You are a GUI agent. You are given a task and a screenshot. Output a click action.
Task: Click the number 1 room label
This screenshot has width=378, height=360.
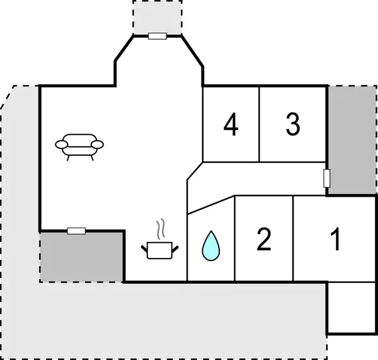click(336, 240)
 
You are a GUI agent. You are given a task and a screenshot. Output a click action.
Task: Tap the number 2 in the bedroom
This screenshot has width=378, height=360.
click(264, 240)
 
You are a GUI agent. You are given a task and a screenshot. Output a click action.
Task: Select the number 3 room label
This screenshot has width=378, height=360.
click(292, 124)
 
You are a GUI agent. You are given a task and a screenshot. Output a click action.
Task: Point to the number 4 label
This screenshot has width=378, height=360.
click(231, 124)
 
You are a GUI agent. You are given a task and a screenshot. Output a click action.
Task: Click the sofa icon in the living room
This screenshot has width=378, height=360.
click(79, 146)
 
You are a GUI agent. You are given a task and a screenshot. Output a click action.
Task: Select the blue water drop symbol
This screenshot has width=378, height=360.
click(210, 245)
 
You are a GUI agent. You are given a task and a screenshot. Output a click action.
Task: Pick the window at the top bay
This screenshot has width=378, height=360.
click(157, 36)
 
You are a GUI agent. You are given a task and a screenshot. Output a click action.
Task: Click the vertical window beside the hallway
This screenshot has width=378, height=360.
click(326, 178)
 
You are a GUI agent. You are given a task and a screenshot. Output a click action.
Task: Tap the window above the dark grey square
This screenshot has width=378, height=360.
click(76, 231)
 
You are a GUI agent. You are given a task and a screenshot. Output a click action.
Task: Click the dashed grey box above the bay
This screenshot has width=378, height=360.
click(157, 16)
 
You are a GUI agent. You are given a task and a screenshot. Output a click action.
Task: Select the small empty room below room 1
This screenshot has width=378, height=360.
click(352, 308)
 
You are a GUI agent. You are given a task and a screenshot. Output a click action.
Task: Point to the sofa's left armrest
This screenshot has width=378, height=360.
click(62, 145)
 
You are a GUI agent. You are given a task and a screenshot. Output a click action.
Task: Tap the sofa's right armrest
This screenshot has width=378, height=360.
click(98, 145)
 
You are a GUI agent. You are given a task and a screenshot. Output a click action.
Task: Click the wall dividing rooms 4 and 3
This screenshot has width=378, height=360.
click(260, 123)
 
